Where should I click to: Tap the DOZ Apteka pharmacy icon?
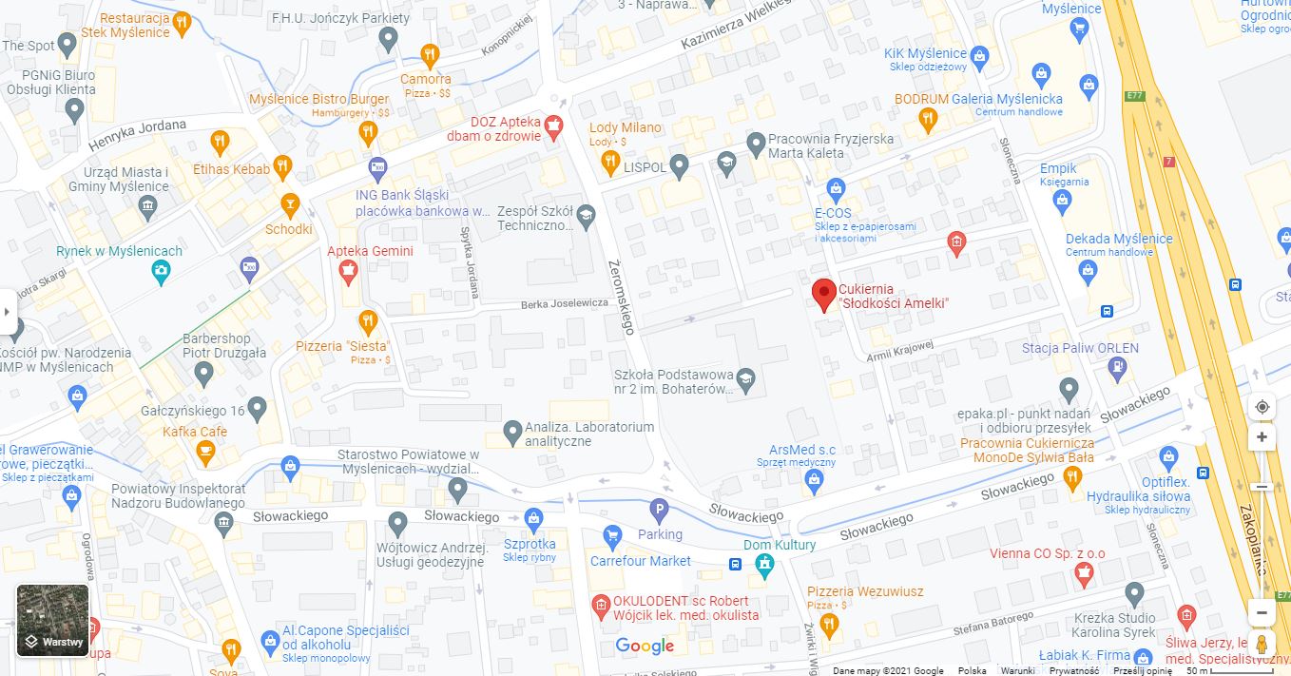pos(553,125)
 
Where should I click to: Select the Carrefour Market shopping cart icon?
pos(613,535)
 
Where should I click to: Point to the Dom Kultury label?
pos(780,545)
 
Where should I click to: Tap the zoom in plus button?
pos(1262,437)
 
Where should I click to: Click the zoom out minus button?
pos(1262,611)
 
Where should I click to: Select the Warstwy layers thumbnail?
pos(52,620)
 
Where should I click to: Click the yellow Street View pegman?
pos(1262,645)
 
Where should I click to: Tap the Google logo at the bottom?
pos(645,647)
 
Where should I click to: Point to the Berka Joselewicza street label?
pos(564,303)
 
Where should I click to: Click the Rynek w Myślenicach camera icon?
pos(162,273)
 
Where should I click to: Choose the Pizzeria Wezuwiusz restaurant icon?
pos(830,624)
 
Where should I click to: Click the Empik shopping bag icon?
pos(1063,199)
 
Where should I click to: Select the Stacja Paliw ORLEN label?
pos(1080,348)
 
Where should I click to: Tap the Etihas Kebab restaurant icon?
pos(282,167)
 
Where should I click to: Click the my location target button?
pos(1262,407)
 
